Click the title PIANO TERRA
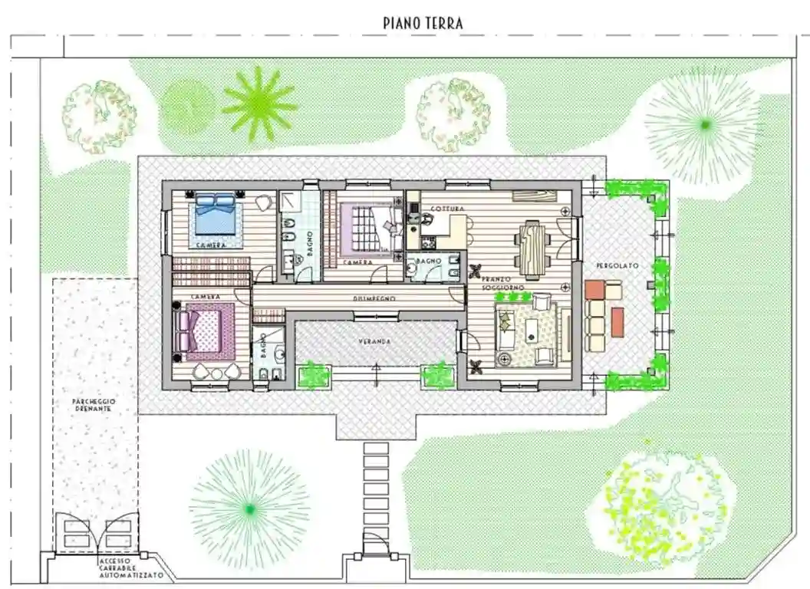[423, 23]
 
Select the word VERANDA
[376, 341]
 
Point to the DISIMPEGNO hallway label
[374, 298]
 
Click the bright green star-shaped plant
[259, 104]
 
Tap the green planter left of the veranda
[313, 375]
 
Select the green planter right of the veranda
[440, 375]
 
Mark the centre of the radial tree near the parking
[249, 508]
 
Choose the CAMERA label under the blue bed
[210, 245]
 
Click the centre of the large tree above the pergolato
[703, 124]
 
